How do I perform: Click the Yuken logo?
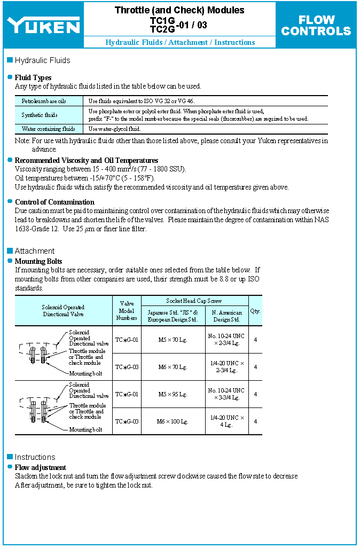tap(43, 25)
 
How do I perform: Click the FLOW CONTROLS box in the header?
tap(316, 25)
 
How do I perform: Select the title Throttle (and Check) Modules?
tap(179, 10)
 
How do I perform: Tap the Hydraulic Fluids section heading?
tap(42, 60)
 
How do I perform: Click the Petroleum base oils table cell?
tap(44, 101)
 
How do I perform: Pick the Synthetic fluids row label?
tap(40, 115)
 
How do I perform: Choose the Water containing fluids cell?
tap(48, 129)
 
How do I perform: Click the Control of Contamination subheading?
tap(54, 202)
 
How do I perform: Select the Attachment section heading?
tap(34, 251)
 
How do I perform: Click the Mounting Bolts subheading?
tap(38, 261)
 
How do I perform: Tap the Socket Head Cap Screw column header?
tap(194, 301)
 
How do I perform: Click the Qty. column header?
tap(255, 310)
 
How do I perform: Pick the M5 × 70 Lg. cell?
tap(173, 340)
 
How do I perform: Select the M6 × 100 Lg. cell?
tap(173, 421)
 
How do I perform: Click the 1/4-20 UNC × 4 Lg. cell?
tap(226, 421)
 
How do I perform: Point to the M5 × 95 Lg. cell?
tap(173, 394)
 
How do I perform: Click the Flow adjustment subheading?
tap(41, 467)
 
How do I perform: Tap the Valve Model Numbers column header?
tap(127, 311)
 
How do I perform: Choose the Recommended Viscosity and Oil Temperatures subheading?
tap(87, 160)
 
